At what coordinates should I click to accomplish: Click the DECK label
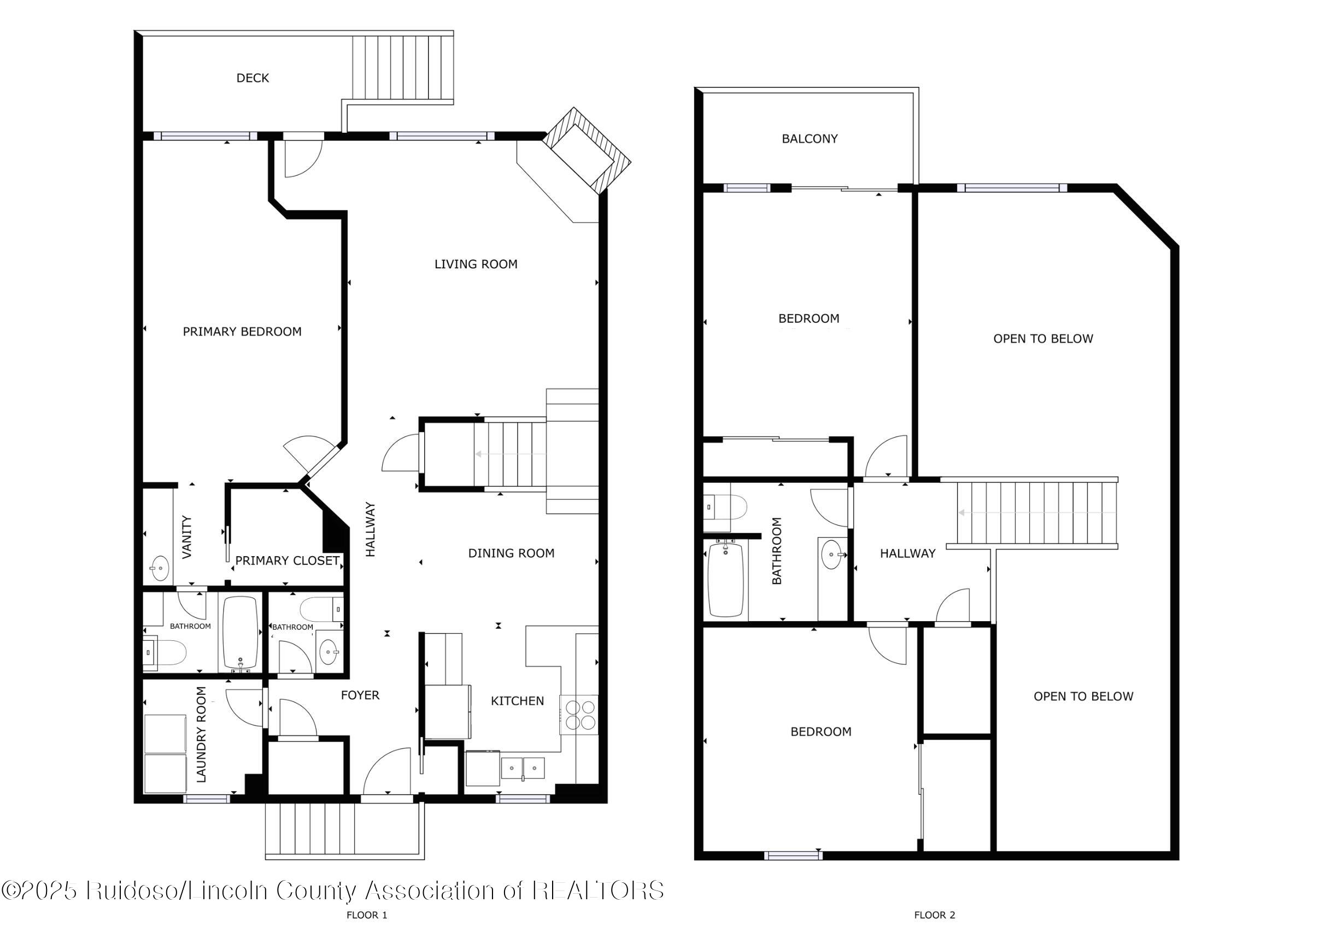(x=252, y=78)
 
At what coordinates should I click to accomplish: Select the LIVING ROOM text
(x=475, y=264)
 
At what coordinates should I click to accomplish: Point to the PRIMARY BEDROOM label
(x=242, y=332)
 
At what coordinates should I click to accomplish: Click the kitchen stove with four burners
(x=579, y=715)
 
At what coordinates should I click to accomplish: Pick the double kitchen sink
(x=523, y=768)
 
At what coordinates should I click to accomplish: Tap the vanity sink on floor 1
(x=160, y=568)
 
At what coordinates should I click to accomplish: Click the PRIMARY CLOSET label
(x=287, y=561)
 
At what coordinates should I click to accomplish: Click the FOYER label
(x=360, y=695)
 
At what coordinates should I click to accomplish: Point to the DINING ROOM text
(x=511, y=553)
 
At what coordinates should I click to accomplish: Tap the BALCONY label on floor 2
(x=809, y=138)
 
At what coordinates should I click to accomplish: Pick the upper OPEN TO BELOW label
(x=1042, y=339)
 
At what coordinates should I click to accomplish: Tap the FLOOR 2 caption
(x=934, y=915)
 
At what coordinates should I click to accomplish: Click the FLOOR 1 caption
(x=367, y=915)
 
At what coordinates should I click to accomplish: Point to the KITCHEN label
(x=517, y=700)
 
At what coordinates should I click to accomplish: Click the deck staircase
(x=404, y=68)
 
